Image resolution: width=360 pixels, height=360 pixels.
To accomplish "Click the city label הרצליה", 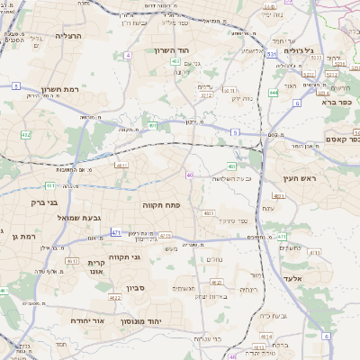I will coord(68,36).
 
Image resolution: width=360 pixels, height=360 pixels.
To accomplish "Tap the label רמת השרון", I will coord(61,90).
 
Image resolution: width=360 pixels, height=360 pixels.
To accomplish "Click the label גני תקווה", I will coord(126,256).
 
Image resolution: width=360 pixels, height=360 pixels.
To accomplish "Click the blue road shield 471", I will coord(116,233).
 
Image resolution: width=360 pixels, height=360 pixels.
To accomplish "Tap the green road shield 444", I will coord(274,92).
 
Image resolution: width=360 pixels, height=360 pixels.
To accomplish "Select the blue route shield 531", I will coord(270,55).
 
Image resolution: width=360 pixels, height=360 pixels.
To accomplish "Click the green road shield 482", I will coord(25,134).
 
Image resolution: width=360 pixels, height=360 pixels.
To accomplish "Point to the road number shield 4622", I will coord(115,297).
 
